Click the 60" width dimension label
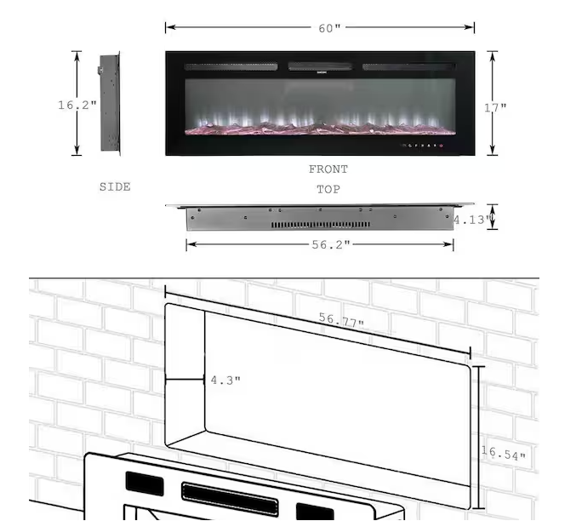tap(329, 28)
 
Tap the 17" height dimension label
tap(495, 107)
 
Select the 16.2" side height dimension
tap(77, 106)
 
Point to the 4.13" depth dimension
tap(471, 220)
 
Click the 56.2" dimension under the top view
tap(329, 245)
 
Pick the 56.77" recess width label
tap(341, 321)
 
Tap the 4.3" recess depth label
tap(225, 380)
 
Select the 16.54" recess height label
tap(503, 454)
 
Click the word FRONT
tap(328, 169)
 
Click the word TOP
tap(328, 190)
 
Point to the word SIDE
tap(115, 186)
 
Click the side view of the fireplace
tap(110, 103)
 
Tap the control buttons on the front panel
tap(425, 146)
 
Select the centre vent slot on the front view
tap(319, 66)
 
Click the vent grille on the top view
tap(320, 225)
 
